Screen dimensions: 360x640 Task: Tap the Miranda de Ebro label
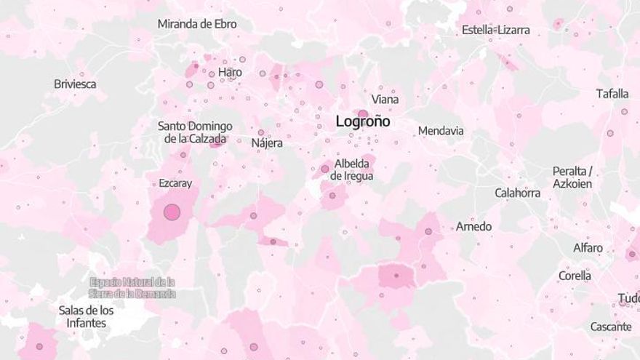(x=197, y=24)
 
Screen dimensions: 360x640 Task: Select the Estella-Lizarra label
(x=496, y=30)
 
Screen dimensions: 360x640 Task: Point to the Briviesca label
(x=75, y=84)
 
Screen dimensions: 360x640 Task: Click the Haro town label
(x=230, y=72)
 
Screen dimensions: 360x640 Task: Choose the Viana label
(x=385, y=99)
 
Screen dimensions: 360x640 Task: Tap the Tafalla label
(x=612, y=93)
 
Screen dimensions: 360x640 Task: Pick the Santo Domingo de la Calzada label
(x=195, y=132)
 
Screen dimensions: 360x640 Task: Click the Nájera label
(x=267, y=143)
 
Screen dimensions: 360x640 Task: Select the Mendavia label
(x=441, y=131)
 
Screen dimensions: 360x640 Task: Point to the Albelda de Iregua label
(x=352, y=169)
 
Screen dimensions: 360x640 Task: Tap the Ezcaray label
(x=175, y=183)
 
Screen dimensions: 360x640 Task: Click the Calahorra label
(x=518, y=193)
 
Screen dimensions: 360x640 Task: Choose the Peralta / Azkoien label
(x=572, y=177)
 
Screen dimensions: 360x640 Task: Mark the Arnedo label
(x=473, y=226)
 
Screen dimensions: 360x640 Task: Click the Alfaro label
(x=588, y=247)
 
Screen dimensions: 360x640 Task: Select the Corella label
(x=575, y=276)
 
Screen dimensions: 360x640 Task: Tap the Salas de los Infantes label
(x=86, y=316)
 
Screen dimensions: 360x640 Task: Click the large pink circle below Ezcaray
(x=172, y=212)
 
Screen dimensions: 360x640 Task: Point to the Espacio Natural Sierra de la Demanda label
(x=132, y=287)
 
